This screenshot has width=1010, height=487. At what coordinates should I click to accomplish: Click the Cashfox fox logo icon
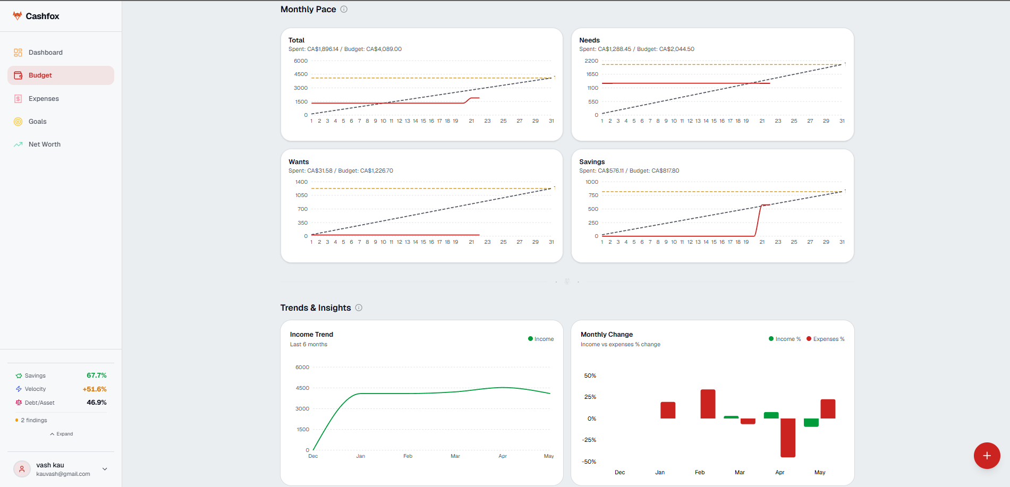pos(18,16)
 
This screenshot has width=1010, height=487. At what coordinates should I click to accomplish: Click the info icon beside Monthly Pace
pos(344,9)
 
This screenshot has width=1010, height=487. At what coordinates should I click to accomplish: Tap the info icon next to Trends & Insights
pos(359,307)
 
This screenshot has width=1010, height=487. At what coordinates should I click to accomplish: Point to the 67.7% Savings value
pos(97,375)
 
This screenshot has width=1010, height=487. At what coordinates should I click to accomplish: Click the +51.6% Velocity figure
pos(95,389)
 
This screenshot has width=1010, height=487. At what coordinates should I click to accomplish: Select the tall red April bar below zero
pos(788,438)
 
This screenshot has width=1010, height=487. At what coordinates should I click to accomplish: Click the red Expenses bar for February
pos(708,404)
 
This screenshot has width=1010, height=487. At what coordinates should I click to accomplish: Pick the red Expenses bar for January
pos(668,410)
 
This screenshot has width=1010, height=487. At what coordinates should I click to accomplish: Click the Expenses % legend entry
pos(826,339)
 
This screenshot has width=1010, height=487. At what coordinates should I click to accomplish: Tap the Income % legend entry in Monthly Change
pos(785,339)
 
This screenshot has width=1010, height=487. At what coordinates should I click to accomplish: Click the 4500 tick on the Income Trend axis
pos(302,388)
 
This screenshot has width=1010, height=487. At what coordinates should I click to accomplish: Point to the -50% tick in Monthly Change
pos(589,462)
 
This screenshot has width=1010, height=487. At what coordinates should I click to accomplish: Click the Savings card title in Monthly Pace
pos(592,162)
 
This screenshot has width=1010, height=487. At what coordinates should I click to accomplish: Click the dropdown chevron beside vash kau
pos(105,469)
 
